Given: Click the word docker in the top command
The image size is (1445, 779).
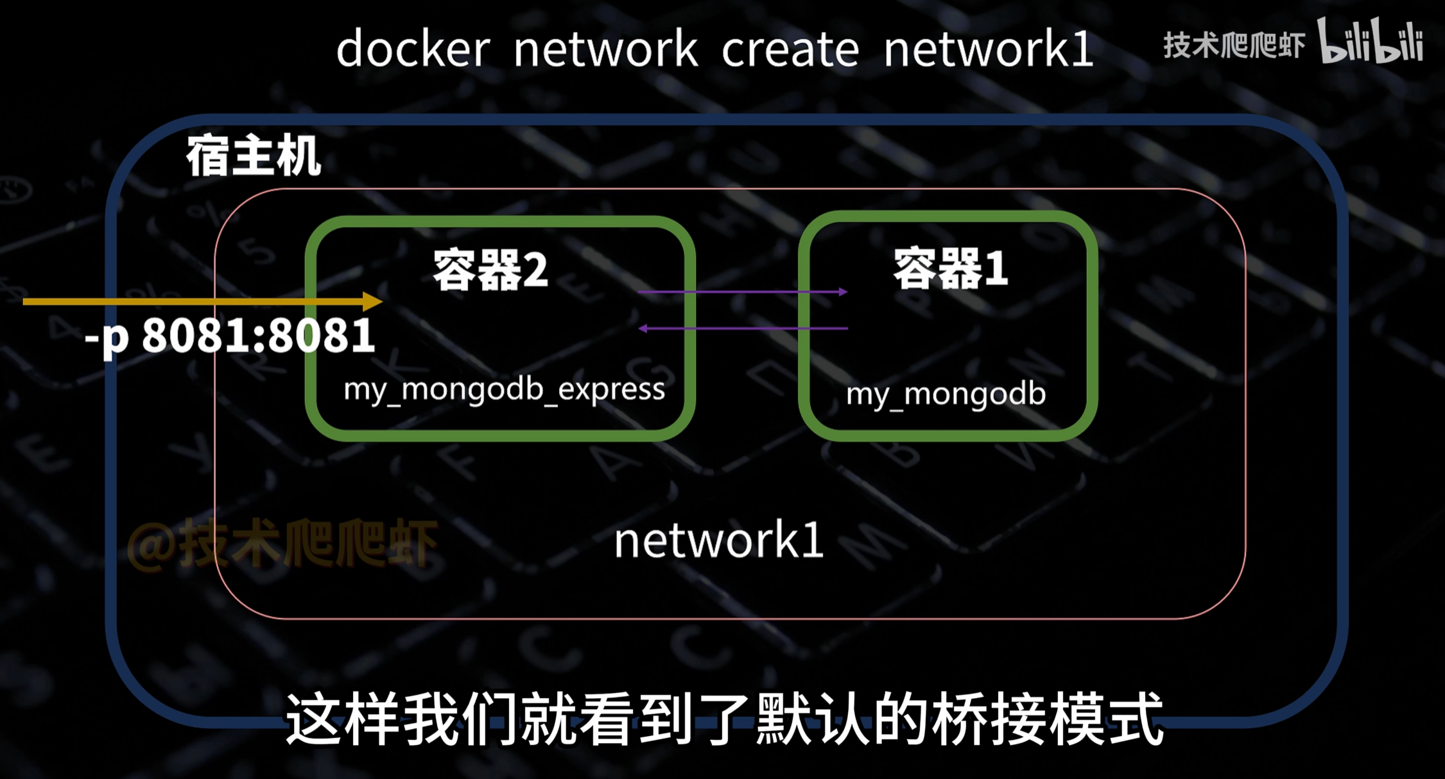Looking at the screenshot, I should [413, 49].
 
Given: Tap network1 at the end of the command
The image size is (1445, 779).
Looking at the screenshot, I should [988, 49].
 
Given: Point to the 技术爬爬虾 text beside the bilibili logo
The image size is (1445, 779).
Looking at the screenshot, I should [1234, 45].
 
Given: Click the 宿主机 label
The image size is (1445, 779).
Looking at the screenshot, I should [254, 156].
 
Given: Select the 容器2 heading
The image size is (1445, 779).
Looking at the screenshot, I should [490, 270].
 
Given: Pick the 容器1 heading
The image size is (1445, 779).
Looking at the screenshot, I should [950, 268].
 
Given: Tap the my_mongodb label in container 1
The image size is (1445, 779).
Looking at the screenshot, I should [946, 394].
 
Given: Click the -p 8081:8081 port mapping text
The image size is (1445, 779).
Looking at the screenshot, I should [230, 335].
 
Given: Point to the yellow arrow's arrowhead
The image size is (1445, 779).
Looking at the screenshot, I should [372, 301].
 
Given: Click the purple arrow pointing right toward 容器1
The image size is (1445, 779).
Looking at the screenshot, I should [743, 292].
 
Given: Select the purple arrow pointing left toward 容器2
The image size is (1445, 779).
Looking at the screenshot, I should [743, 328].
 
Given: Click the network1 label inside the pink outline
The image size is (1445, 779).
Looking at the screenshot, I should [718, 541].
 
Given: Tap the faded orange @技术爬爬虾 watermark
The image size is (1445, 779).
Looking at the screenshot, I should [282, 543].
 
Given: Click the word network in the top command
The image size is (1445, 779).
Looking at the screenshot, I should [605, 49].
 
